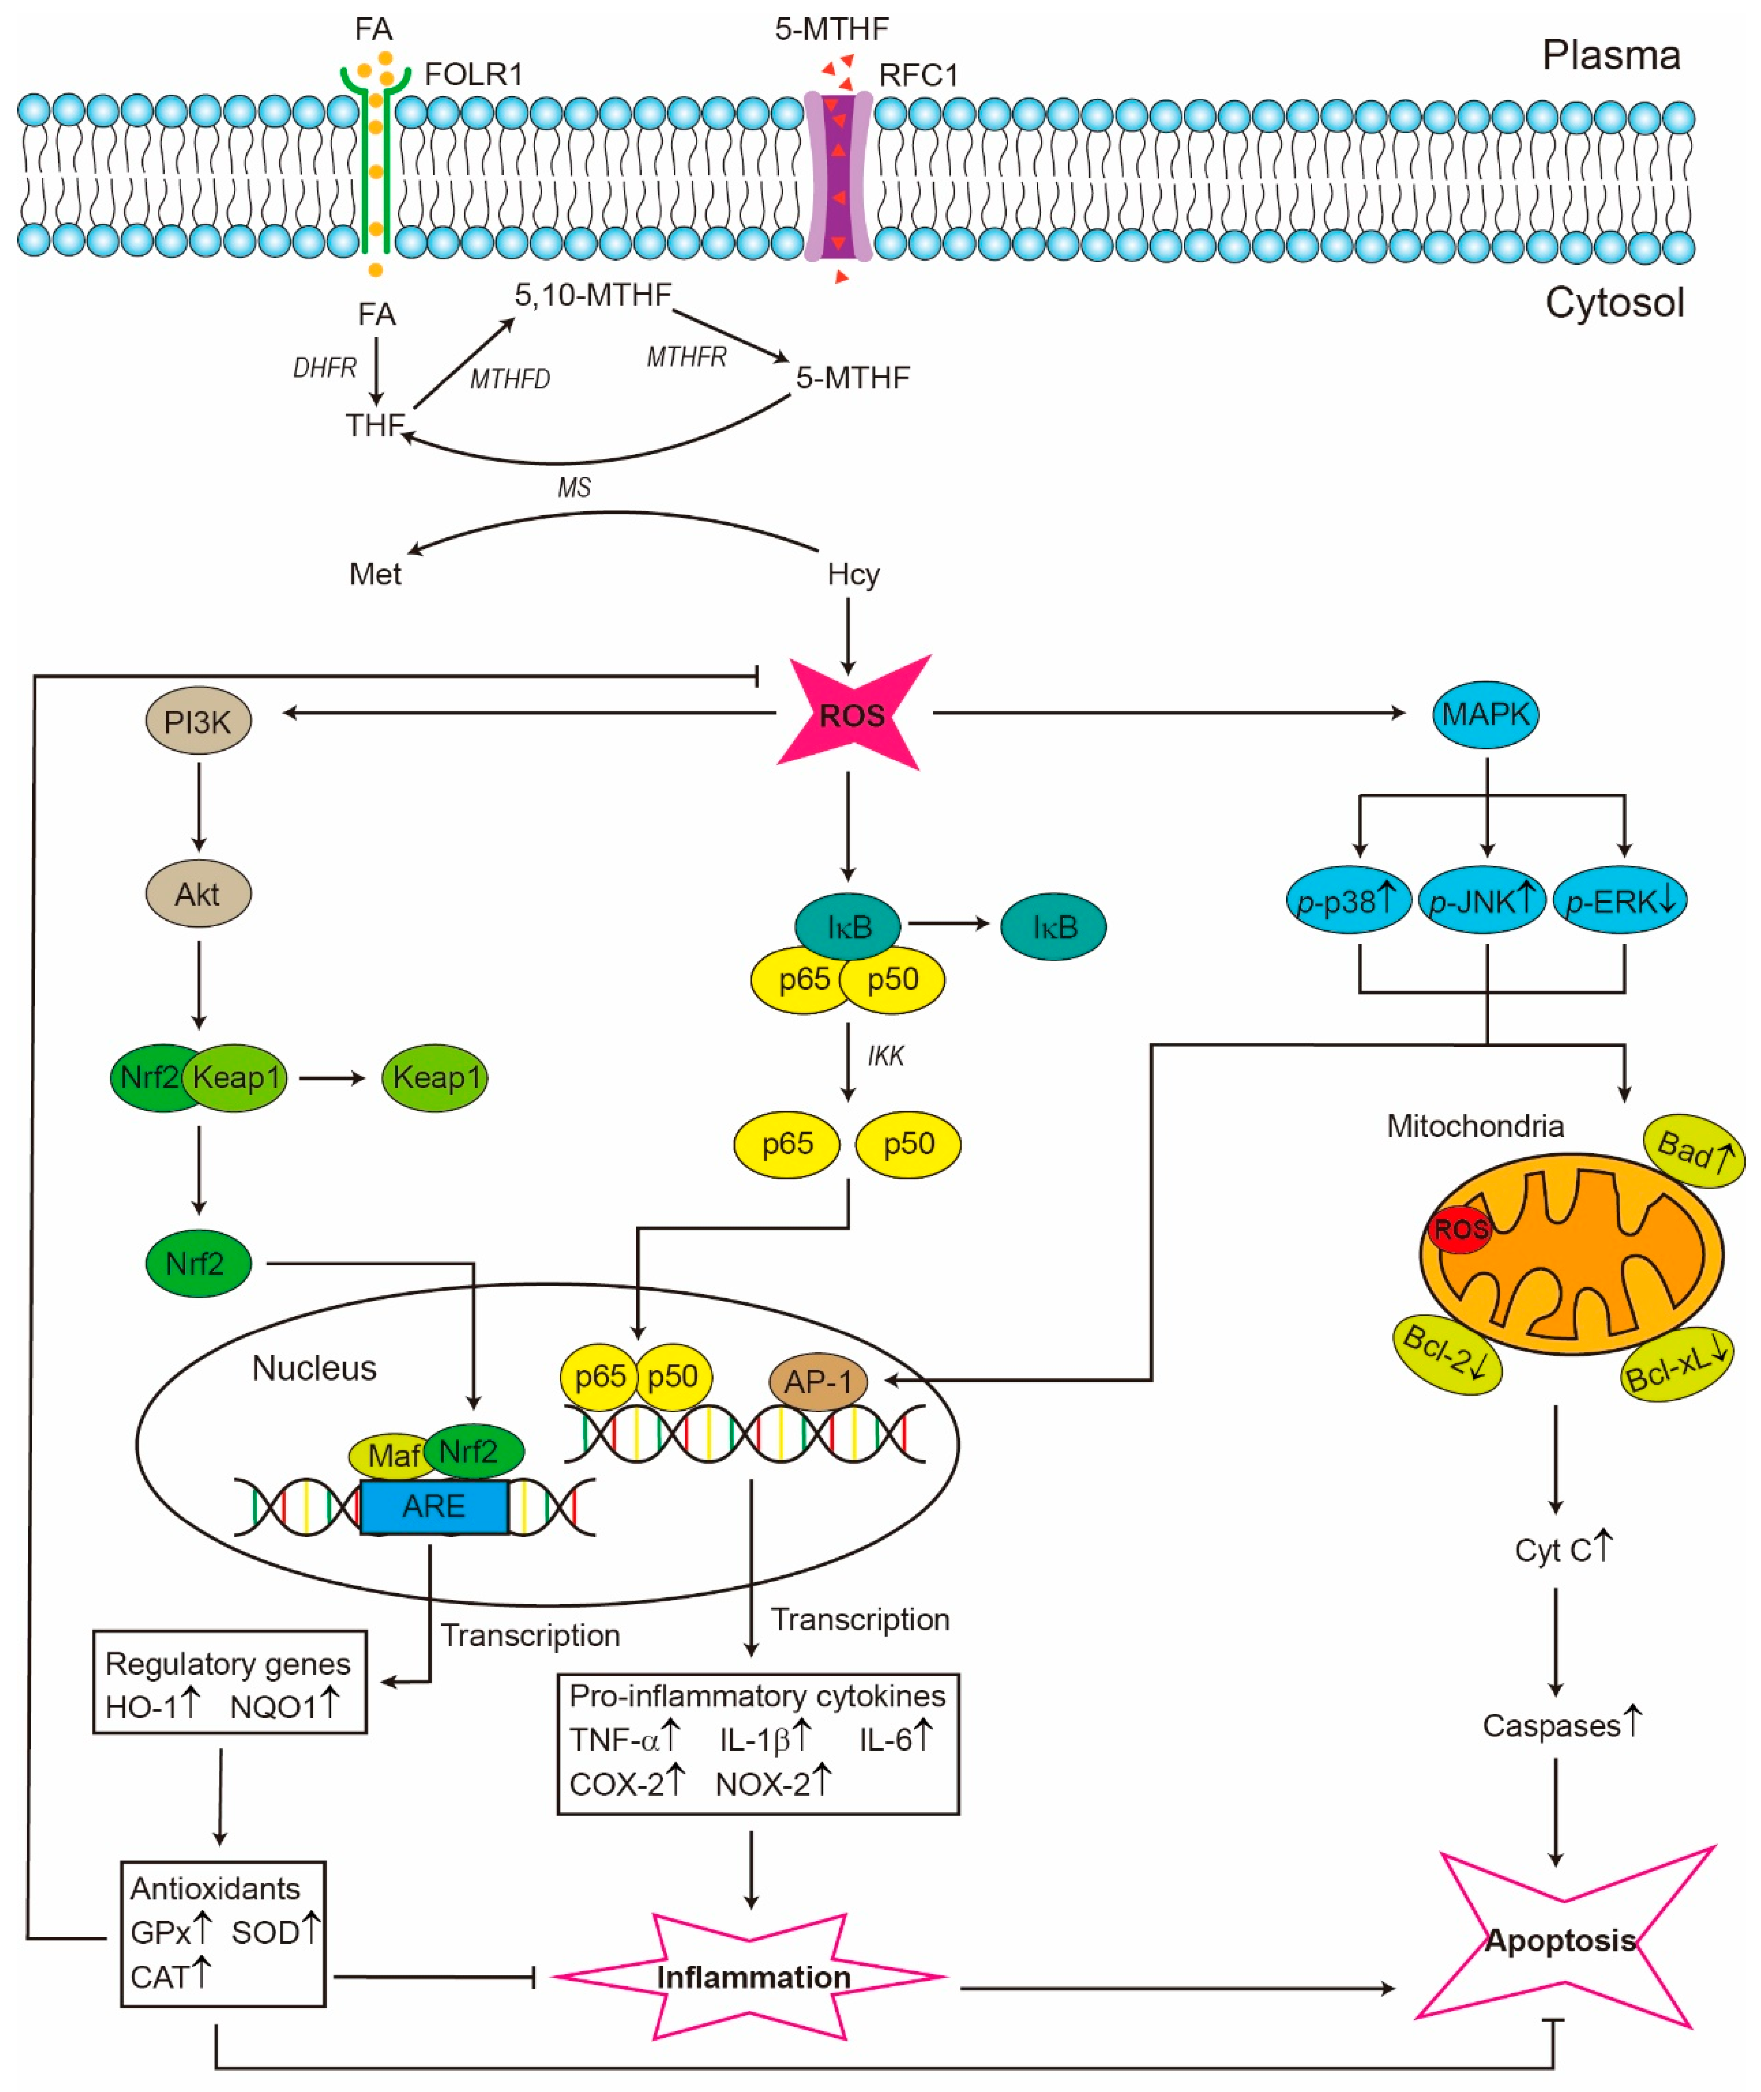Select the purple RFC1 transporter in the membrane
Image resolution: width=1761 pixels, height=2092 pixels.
pos(838,177)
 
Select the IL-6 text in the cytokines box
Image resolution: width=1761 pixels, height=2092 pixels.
pos(886,1739)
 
